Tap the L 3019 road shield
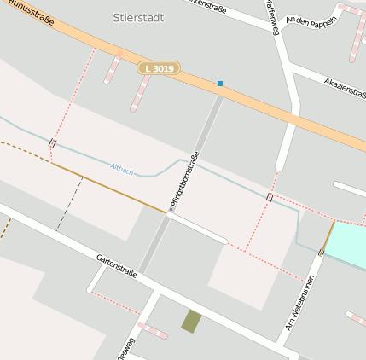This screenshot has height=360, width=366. tap(159, 68)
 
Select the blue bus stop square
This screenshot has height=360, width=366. tap(220, 84)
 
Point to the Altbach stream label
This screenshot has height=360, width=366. tap(122, 169)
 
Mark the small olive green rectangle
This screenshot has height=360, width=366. tap(191, 322)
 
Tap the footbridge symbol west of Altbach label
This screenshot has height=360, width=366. tap(53, 143)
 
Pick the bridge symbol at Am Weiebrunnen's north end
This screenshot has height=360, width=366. tap(322, 252)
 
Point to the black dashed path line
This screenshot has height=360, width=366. tap(69, 203)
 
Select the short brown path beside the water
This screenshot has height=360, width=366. tap(329, 235)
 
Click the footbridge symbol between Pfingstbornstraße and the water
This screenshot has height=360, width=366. tap(270, 197)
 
